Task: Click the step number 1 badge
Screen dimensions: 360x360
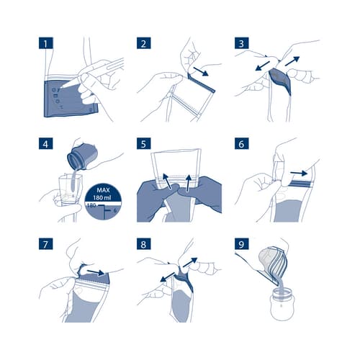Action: pyautogui.click(x=46, y=43)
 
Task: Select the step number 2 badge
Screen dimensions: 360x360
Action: pyautogui.click(x=144, y=43)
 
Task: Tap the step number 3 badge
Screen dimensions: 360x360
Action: pyautogui.click(x=241, y=43)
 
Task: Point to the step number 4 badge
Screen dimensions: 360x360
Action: pyautogui.click(x=46, y=144)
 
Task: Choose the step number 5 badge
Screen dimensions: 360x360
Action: pyautogui.click(x=144, y=144)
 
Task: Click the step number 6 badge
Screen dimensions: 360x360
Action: pyautogui.click(x=241, y=144)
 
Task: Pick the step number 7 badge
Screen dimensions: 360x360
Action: pyautogui.click(x=46, y=244)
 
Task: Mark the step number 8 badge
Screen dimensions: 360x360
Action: pyautogui.click(x=144, y=244)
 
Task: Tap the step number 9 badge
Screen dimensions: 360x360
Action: pyautogui.click(x=241, y=244)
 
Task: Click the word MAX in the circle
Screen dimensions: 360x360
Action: pyautogui.click(x=103, y=190)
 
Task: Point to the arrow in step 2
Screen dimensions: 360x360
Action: pyautogui.click(x=201, y=71)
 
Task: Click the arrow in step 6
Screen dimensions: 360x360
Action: pyautogui.click(x=299, y=173)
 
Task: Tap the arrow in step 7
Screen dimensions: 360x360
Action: pyautogui.click(x=96, y=272)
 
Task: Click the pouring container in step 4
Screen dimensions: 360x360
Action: pyautogui.click(x=82, y=156)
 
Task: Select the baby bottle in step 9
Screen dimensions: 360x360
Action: pyautogui.click(x=282, y=305)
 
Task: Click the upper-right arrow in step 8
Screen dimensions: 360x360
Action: pyautogui.click(x=190, y=262)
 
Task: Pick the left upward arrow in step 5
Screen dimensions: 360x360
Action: pyautogui.click(x=167, y=181)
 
